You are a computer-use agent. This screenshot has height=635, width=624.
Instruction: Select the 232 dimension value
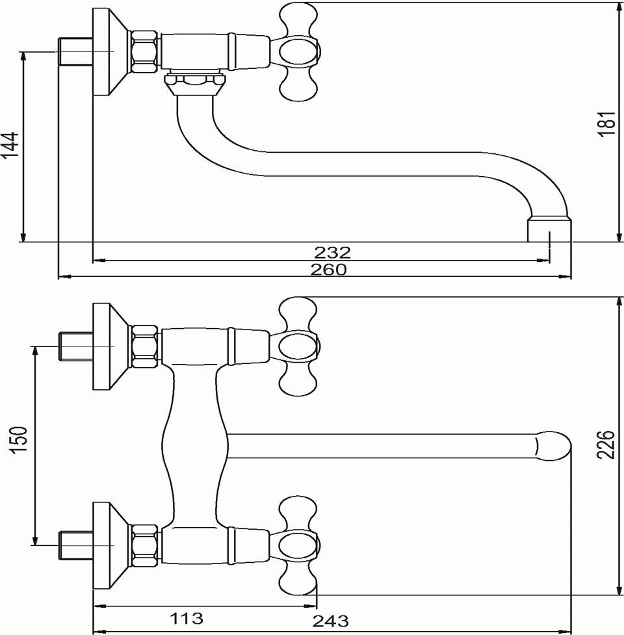coord(332,253)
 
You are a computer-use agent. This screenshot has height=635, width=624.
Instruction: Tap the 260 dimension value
coord(328,269)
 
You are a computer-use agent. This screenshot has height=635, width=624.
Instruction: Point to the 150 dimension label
coord(19,440)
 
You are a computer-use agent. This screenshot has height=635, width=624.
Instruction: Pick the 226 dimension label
coord(606,445)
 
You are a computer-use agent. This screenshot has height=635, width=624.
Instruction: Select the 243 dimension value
coord(330,621)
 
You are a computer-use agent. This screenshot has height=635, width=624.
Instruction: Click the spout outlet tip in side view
coord(549,230)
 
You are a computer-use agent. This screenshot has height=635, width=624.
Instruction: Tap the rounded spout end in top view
coord(552,446)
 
